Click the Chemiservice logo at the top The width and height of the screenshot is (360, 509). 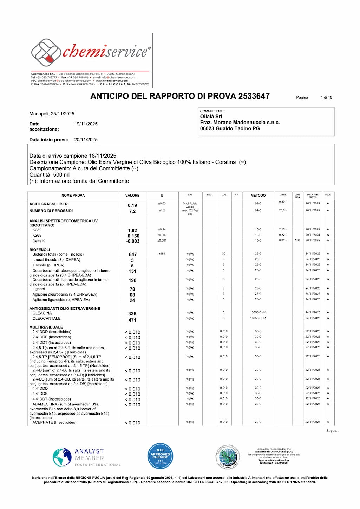click(91, 52)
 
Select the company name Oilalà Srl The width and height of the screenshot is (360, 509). click(211, 117)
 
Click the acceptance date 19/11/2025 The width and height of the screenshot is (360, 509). click(86, 124)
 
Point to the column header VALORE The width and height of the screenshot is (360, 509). click(132, 196)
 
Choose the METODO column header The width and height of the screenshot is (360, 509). click(258, 196)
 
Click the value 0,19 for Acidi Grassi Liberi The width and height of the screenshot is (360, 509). click(132, 206)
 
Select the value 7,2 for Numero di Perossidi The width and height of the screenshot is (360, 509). click(132, 211)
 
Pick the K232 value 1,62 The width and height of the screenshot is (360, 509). click(132, 231)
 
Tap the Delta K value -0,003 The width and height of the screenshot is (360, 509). click(133, 241)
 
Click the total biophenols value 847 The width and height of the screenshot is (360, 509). click(133, 254)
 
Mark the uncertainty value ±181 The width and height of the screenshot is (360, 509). click(162, 254)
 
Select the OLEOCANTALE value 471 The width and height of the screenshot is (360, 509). click(132, 320)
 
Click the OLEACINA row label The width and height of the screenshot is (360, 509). click(42, 313)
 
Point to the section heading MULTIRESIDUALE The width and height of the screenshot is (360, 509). click(46, 327)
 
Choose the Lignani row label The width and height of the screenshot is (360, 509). click(39, 289)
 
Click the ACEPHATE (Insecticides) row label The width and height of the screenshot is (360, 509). click(54, 422)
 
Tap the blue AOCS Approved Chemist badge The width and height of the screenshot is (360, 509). click(160, 456)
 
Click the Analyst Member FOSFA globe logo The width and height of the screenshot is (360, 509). click(62, 457)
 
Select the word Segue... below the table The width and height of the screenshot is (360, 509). click(333, 431)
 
